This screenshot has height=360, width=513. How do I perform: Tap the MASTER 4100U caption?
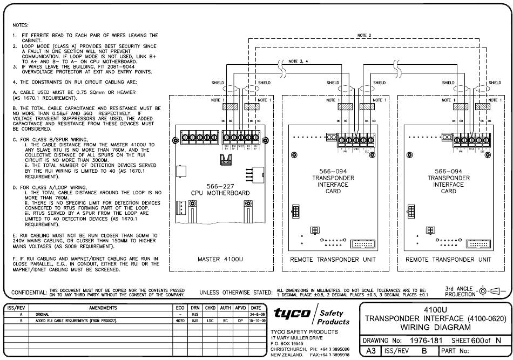click(x=221, y=260)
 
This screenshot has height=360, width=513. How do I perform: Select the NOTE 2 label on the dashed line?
click(x=364, y=36)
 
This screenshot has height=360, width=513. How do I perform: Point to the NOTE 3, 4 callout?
click(x=300, y=61)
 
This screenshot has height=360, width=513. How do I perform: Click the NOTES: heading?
click(x=21, y=25)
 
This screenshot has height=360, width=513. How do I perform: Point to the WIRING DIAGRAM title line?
click(x=438, y=328)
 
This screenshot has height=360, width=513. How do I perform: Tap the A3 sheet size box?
click(x=370, y=351)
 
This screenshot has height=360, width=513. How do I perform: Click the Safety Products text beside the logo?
click(x=335, y=317)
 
